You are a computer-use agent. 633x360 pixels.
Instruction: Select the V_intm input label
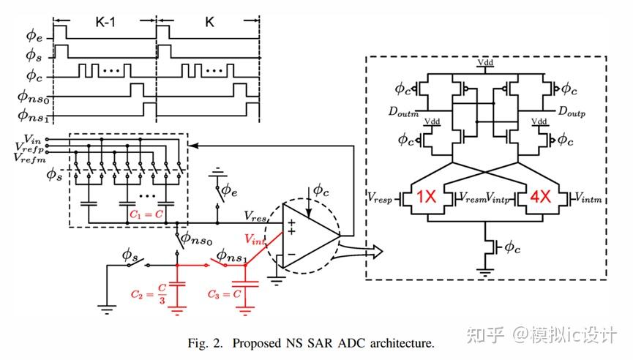pos(589,197)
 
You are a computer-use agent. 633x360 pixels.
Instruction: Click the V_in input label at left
pos(32,137)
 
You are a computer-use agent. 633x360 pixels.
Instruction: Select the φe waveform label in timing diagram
pos(35,33)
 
